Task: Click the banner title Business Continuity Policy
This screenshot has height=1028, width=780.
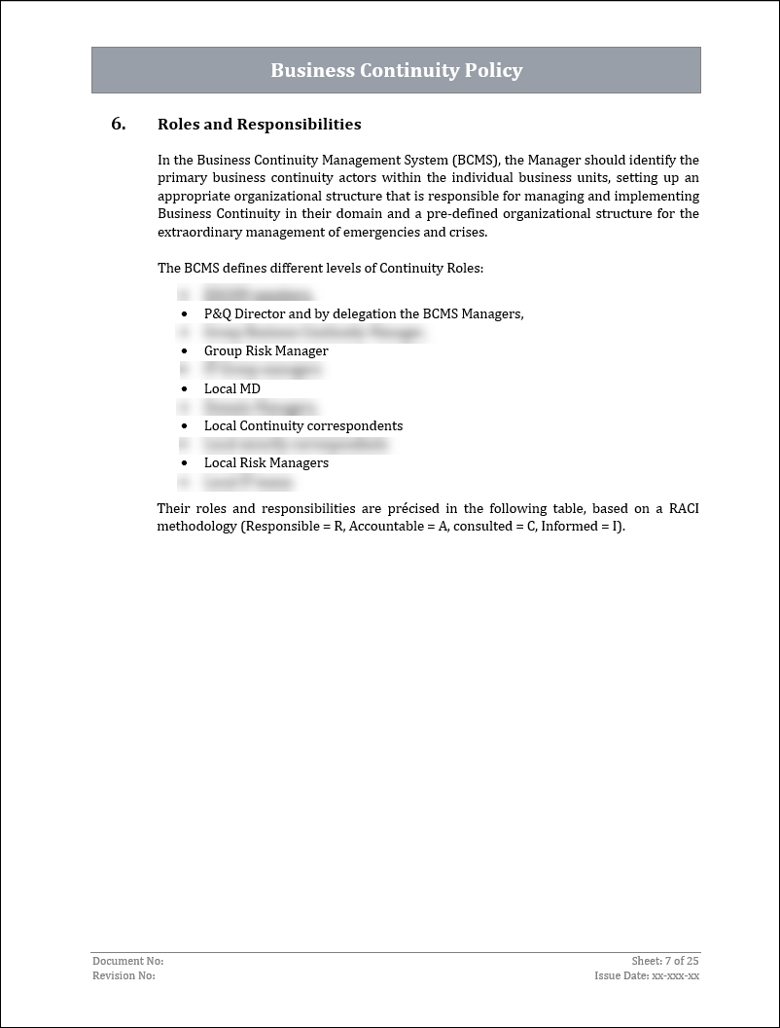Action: (396, 71)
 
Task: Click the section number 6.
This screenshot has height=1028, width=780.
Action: (118, 124)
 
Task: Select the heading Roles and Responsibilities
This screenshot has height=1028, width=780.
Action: (259, 125)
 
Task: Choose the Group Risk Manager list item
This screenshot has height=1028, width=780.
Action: (266, 350)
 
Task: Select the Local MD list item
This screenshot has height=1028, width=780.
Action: (231, 388)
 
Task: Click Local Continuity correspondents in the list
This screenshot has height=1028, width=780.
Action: (302, 425)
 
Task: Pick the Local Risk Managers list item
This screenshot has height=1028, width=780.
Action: (266, 462)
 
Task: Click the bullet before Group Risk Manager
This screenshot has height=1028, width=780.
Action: (184, 351)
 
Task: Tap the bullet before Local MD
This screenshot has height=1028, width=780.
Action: (184, 388)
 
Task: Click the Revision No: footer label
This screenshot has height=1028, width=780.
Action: (124, 975)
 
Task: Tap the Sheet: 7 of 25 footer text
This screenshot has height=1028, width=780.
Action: (665, 961)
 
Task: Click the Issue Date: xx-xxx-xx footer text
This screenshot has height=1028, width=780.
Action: (647, 975)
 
